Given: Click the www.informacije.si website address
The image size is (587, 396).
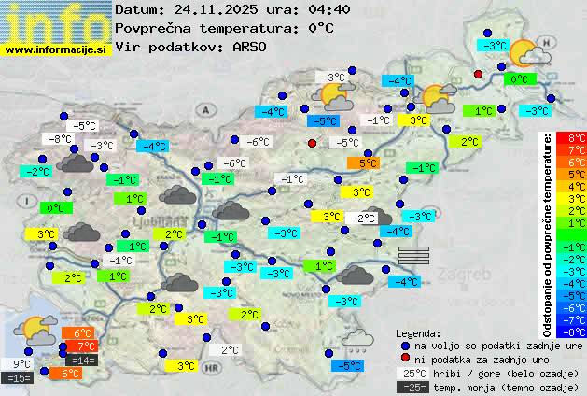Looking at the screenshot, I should [56, 49].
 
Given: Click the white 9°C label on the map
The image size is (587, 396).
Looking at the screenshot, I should [21, 364].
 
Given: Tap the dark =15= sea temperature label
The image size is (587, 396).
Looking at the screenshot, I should [19, 378].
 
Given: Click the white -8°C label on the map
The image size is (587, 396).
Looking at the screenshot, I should [62, 139].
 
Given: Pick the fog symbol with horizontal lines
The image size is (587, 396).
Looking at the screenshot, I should [413, 255].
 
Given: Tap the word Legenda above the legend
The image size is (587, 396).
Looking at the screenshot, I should [418, 332].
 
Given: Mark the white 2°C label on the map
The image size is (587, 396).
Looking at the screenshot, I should [230, 350].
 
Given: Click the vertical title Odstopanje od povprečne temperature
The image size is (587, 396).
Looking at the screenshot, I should [548, 233].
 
